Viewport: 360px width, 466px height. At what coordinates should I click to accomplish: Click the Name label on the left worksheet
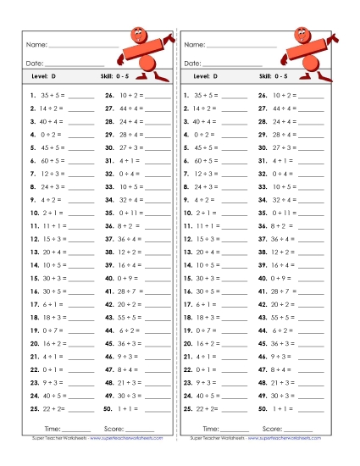click(35, 44)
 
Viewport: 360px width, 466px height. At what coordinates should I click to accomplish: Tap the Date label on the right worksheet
click(192, 63)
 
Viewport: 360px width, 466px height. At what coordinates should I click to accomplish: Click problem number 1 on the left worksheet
click(31, 97)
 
